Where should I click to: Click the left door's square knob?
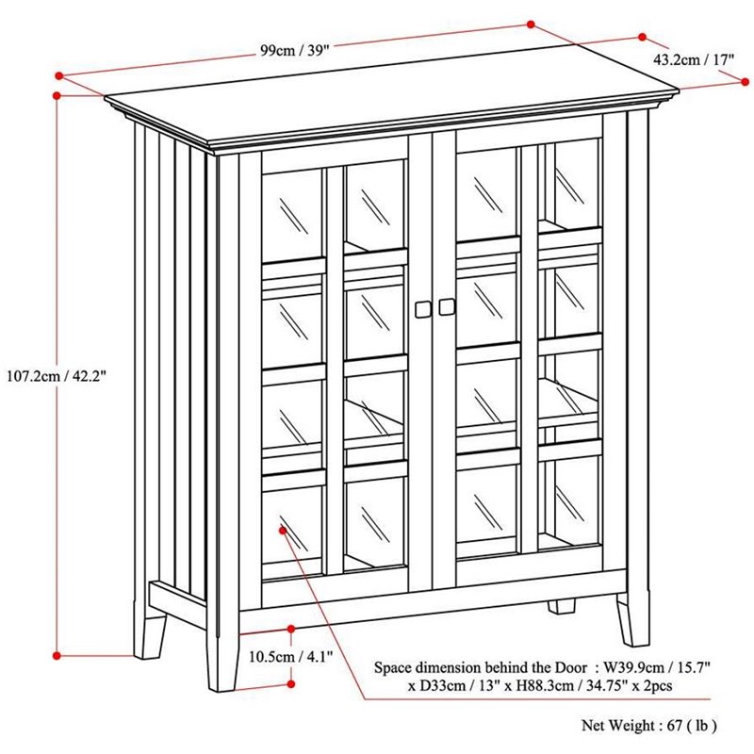422,307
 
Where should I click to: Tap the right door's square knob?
446,307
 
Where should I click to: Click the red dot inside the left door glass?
281,532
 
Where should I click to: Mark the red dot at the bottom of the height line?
57,653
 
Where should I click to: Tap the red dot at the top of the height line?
57,95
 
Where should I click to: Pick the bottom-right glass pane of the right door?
568,500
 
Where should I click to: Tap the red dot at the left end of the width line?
59,74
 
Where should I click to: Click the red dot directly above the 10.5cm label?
291,629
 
